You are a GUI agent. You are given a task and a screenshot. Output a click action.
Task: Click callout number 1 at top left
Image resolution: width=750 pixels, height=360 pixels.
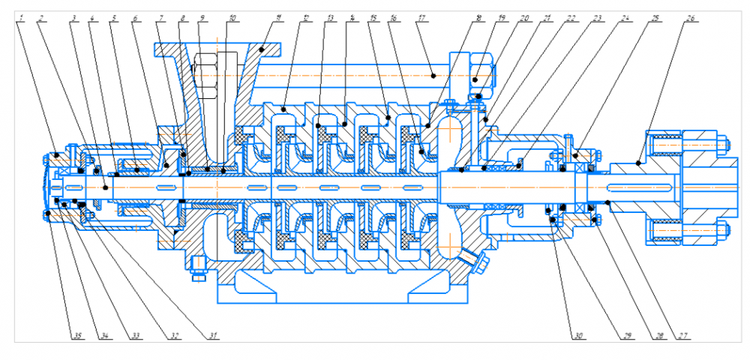coord(25,15)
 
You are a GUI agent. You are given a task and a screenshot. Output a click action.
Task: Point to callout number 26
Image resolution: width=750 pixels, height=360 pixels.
coord(688,15)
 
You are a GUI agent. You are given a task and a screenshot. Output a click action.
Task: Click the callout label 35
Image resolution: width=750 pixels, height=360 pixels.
coord(76,334)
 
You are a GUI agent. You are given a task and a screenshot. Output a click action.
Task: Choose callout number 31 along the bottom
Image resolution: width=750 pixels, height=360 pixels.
coord(213,334)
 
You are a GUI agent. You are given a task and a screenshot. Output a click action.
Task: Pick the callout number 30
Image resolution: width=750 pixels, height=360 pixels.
coord(577,334)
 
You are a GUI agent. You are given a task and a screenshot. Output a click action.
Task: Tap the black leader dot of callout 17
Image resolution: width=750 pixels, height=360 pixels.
coord(434,76)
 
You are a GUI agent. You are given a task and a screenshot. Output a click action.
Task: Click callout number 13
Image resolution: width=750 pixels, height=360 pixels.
coord(327,15)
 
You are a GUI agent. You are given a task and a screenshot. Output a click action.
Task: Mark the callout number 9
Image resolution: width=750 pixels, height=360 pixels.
coord(202,15)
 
